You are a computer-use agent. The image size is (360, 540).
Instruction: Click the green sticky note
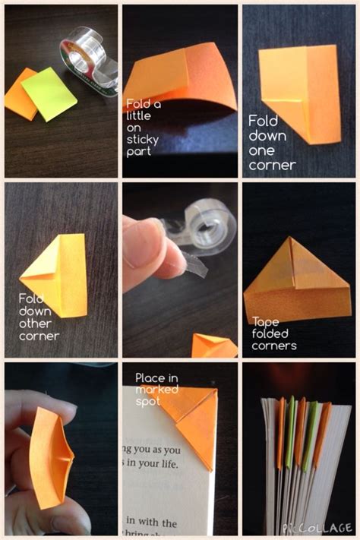click(49, 93)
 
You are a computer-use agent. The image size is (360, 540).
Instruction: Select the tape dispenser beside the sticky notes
click(90, 56)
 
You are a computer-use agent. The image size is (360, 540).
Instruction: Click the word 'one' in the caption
click(260, 152)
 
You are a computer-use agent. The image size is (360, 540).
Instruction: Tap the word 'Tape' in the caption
click(265, 321)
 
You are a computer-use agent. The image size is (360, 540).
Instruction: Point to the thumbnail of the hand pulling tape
click(179, 270)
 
